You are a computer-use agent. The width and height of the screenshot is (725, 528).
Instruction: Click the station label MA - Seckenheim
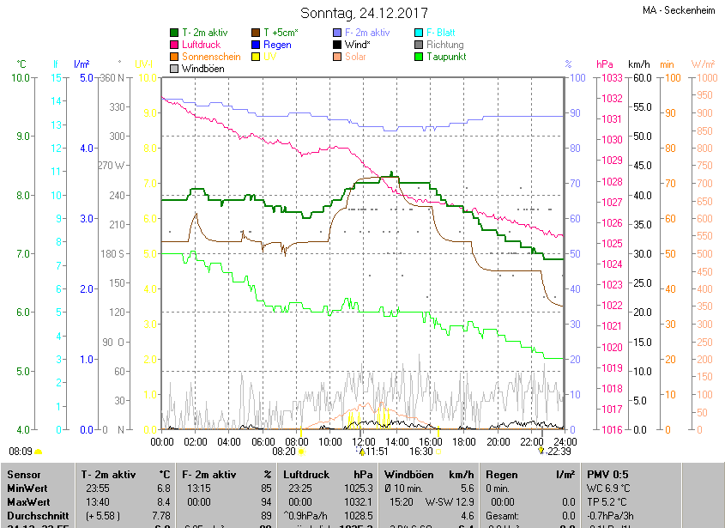click(x=680, y=11)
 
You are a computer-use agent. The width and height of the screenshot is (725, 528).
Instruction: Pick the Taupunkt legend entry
click(x=445, y=56)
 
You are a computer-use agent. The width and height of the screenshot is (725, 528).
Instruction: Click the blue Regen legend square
click(x=256, y=44)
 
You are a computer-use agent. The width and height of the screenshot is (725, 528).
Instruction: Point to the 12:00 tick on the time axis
click(x=364, y=441)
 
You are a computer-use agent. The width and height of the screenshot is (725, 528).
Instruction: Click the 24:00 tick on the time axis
click(x=564, y=441)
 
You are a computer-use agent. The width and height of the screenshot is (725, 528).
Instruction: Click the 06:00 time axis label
click(x=263, y=441)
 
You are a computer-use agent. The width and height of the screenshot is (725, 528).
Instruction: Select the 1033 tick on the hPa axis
click(x=612, y=78)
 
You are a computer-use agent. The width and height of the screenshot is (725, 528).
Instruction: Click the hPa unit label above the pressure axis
click(x=604, y=64)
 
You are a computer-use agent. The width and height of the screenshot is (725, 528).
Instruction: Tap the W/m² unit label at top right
click(x=703, y=64)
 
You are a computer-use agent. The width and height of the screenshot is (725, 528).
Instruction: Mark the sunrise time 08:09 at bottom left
click(x=21, y=451)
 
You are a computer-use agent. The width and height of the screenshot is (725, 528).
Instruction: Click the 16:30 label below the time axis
click(x=420, y=451)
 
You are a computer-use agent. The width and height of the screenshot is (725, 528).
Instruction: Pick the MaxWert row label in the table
click(x=28, y=501)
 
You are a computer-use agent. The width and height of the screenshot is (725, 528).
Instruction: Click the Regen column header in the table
click(x=500, y=474)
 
